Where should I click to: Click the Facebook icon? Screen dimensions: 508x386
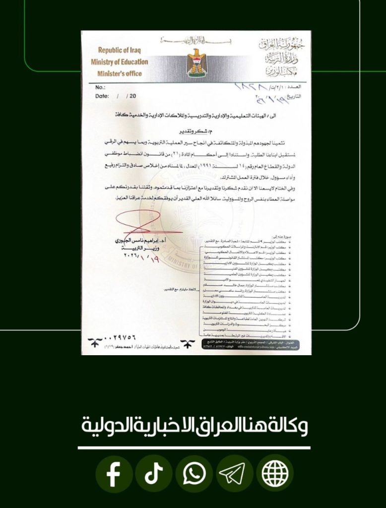114,475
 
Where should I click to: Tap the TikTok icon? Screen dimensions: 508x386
154,475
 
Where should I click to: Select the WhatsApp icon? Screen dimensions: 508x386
194,475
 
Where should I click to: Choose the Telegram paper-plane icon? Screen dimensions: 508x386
235,475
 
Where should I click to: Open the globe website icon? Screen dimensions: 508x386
275,475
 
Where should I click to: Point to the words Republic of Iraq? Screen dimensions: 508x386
120,50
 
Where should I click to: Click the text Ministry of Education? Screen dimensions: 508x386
119,62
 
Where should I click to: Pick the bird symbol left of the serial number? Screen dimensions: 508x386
94,343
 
